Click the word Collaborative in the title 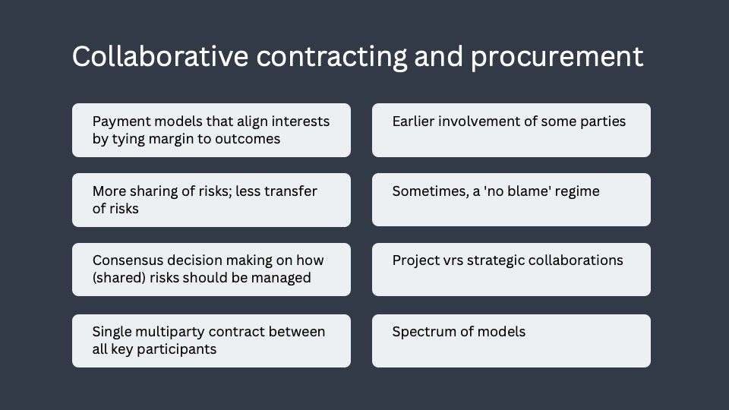coord(160,56)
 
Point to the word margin coord(171,139)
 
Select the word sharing coord(159,191)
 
